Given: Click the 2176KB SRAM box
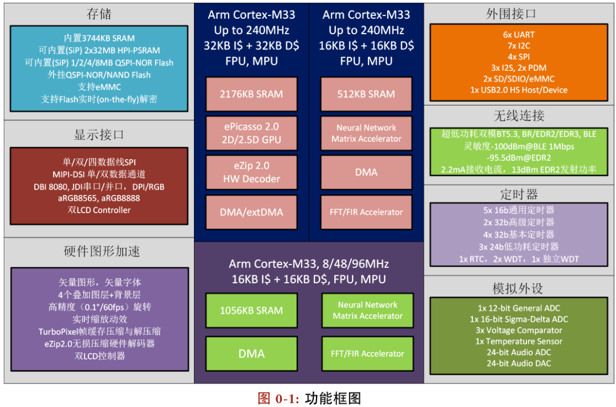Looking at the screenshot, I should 251,94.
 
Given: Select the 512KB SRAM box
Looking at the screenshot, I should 366,94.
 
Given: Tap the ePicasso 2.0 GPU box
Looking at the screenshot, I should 251,133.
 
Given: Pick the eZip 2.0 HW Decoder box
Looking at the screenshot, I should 251,172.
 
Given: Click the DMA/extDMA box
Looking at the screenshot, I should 251,212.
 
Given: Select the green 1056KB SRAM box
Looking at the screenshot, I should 252,311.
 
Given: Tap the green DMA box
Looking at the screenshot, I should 252,354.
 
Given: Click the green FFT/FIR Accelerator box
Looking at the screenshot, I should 367,354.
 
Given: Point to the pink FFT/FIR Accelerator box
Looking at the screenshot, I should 366,212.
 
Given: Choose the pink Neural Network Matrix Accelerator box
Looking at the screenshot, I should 366,133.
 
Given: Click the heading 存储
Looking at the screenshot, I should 99,14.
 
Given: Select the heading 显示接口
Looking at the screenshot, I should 99,135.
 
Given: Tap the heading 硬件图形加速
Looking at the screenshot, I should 99,252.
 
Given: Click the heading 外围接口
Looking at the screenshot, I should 519,14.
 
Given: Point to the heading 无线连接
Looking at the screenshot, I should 519,116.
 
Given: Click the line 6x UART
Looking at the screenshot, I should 519,35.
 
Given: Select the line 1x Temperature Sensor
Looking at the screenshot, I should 519,341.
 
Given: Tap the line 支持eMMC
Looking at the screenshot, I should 99,87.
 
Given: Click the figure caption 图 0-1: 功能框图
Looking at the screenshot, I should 309,398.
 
